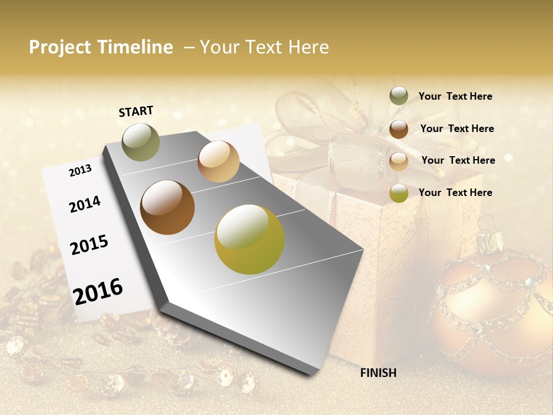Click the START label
(x=136, y=111)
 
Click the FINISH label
(x=378, y=373)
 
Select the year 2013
(x=80, y=171)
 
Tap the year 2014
(x=85, y=204)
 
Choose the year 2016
(x=98, y=291)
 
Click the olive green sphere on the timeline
(x=141, y=142)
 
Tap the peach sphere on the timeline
(x=218, y=161)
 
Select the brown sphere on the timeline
(x=167, y=207)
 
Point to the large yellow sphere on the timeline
(x=249, y=239)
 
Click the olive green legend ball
(x=399, y=96)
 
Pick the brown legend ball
(x=399, y=129)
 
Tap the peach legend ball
(x=399, y=161)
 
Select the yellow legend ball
(x=399, y=193)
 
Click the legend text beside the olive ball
(x=455, y=96)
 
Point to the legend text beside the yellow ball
(x=455, y=193)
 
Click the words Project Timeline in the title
(x=101, y=47)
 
